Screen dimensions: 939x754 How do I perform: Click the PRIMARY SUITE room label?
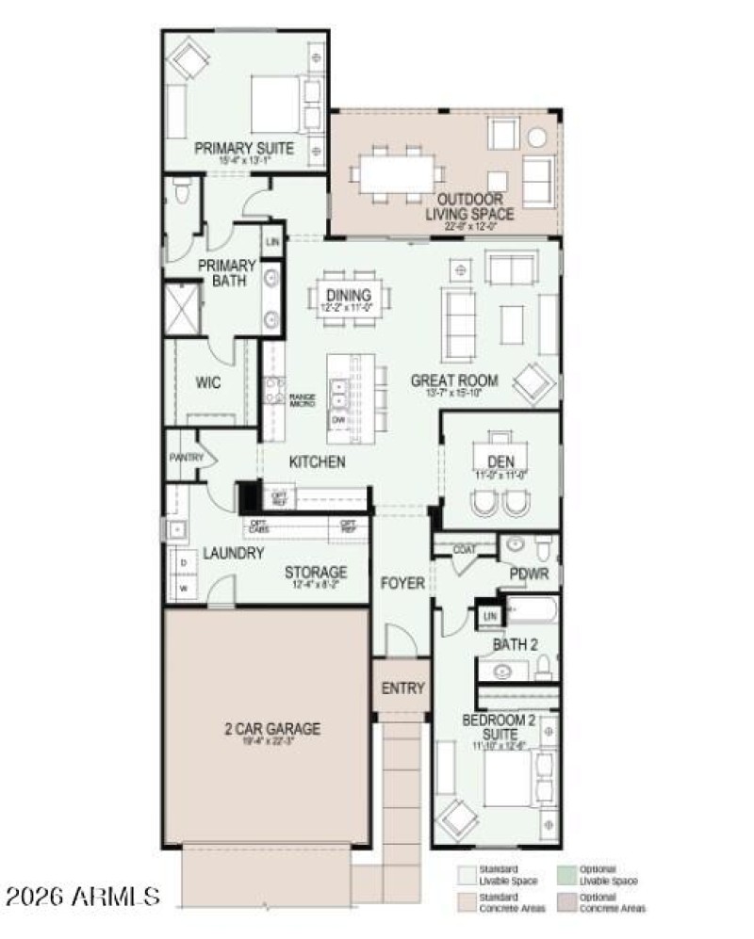244,149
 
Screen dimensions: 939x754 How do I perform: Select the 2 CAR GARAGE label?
272,728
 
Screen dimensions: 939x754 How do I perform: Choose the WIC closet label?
207,383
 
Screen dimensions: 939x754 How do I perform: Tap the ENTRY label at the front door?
402,688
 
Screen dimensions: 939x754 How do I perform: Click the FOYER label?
402,584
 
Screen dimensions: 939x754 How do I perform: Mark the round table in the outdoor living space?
537,138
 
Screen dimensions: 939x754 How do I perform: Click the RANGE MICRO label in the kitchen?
301,399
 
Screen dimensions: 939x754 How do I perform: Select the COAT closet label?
464,550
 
